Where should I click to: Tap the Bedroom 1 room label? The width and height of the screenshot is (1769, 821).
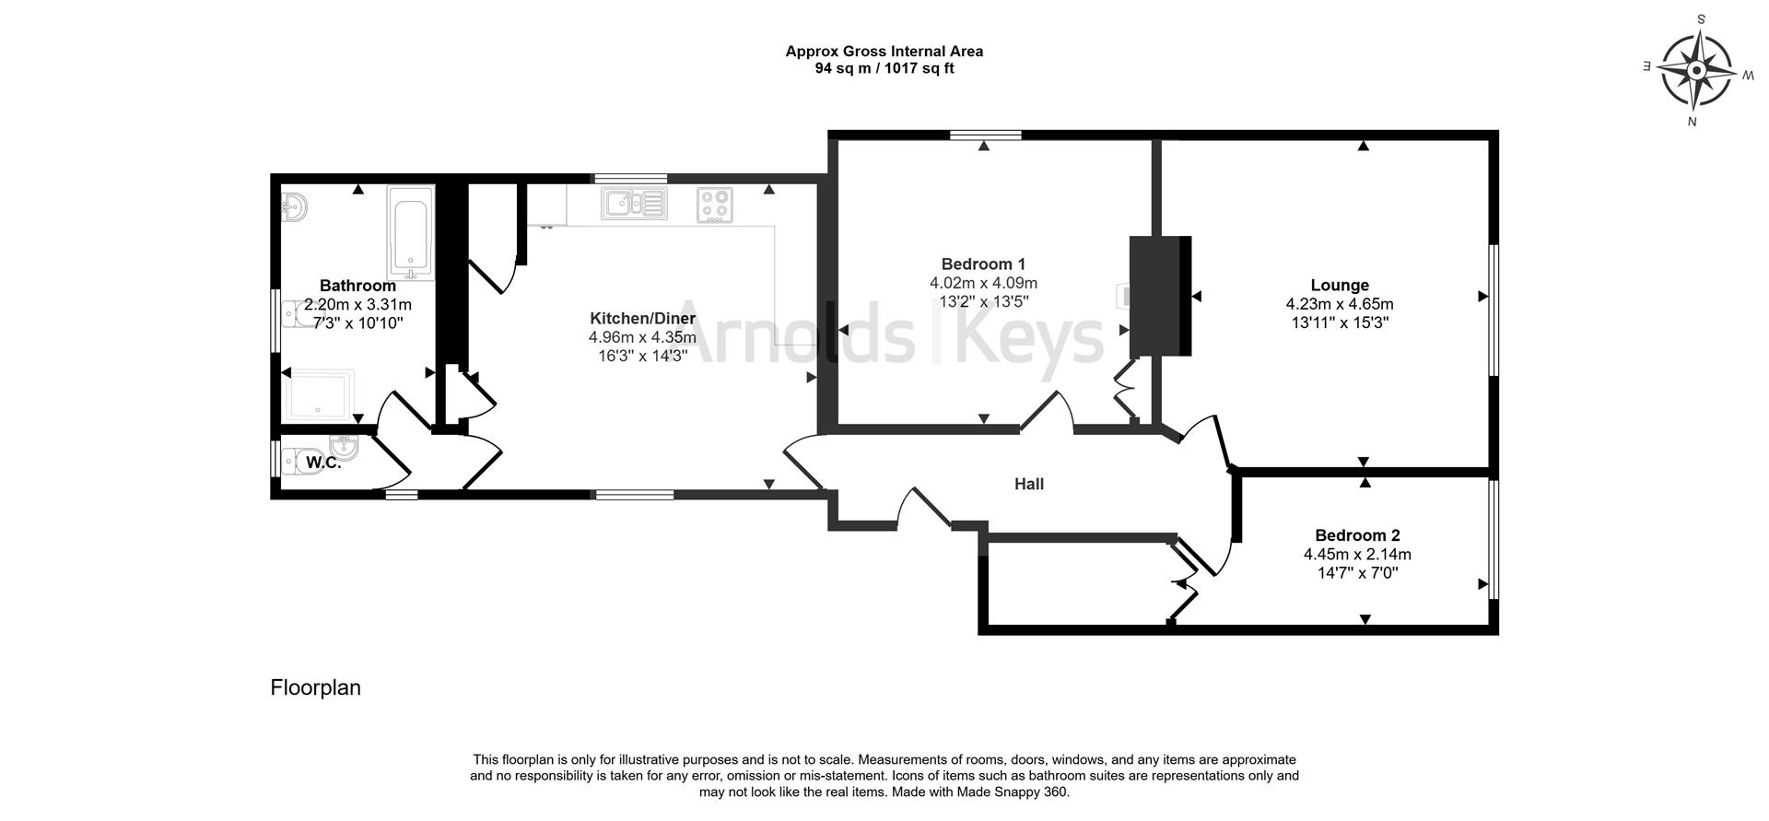pos(983,264)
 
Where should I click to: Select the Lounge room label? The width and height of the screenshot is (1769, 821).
pos(1339,286)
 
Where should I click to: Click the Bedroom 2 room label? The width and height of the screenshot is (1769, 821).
pos(1357,535)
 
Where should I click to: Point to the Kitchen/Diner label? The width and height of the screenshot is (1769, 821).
pos(642,319)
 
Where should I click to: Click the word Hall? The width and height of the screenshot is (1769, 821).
pos(1028,484)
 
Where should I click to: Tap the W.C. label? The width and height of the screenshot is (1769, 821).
pos(323,463)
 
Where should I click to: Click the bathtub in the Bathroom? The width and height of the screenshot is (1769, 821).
pos(410,233)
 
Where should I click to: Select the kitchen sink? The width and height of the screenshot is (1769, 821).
pos(633,204)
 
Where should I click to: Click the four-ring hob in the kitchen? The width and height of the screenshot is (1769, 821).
pos(714,205)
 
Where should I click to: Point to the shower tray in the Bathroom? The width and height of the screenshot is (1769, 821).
pos(318,394)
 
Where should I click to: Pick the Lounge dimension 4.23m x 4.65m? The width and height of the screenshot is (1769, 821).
pos(1339,304)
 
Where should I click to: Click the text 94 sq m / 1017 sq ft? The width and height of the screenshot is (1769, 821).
pos(884,68)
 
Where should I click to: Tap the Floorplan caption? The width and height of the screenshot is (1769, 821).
pos(315,687)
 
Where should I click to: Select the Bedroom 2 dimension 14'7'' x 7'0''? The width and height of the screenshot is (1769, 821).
pos(1357,573)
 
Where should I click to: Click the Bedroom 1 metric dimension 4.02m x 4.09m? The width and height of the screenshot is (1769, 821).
pos(983,283)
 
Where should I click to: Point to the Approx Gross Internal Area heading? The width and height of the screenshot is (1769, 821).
pos(884,52)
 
